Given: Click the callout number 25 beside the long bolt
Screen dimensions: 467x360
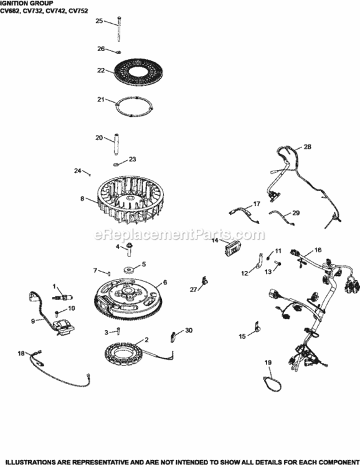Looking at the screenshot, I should pyautogui.click(x=98, y=21).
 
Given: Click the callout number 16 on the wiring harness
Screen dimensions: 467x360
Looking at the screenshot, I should pyautogui.click(x=318, y=250).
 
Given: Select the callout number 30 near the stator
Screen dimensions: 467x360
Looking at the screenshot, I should pyautogui.click(x=189, y=330).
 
